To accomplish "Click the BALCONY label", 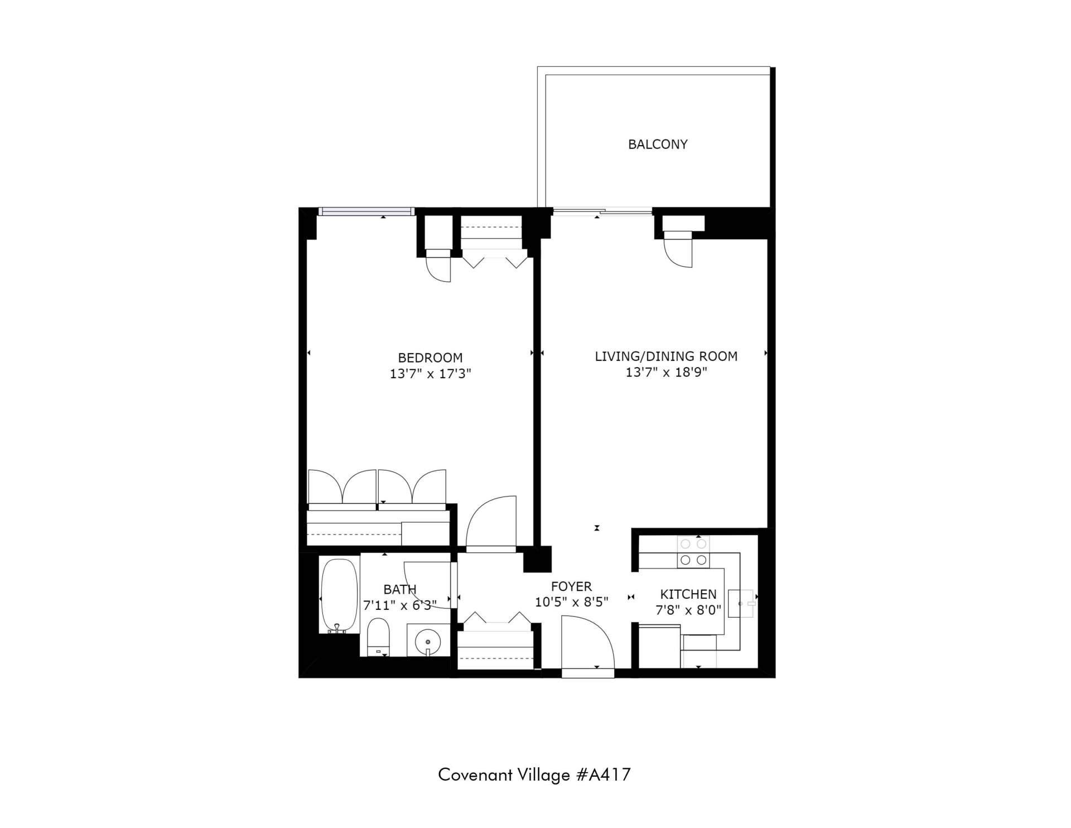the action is coord(658,144).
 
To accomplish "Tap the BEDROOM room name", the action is coord(430,358).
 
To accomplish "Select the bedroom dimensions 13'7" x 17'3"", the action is coord(431,374).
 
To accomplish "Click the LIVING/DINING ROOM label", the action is coord(666,356).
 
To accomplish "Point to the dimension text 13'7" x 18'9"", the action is coord(666,372).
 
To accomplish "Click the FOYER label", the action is coord(571,586).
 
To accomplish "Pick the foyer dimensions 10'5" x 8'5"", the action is coord(571,602).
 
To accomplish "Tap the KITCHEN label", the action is coord(688,594).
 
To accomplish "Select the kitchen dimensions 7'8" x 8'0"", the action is coord(688,610).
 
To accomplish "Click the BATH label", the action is coord(400,589).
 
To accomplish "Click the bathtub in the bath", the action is coord(339,595).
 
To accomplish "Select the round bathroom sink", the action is coord(428,640).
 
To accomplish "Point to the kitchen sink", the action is coord(741,603).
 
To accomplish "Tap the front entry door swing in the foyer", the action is coord(587,642).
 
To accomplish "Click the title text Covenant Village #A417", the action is coord(534,774).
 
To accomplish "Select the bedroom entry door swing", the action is coord(491,522).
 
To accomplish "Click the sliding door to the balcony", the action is coord(602,211).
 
